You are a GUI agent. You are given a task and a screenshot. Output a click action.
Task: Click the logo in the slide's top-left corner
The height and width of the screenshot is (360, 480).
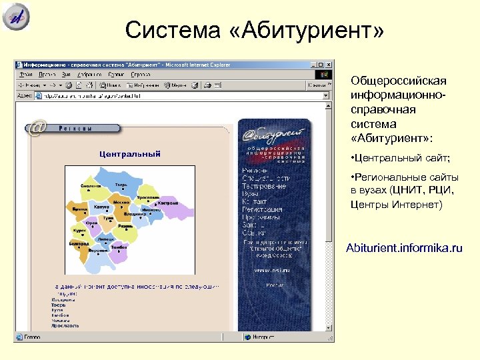[x=16, y=17]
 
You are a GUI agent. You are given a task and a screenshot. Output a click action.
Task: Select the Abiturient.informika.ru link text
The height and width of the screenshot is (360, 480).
[x=404, y=248]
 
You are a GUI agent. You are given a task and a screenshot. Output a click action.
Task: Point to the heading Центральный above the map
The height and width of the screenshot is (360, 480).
[x=130, y=154]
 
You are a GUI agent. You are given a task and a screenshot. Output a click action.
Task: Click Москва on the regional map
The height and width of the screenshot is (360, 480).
[x=121, y=201]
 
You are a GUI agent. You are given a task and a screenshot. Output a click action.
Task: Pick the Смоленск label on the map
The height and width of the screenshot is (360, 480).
[x=91, y=186]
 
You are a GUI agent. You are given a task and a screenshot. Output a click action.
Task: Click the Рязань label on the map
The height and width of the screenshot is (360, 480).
[x=127, y=227]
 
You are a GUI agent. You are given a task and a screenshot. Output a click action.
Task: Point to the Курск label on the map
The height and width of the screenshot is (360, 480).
[x=79, y=231]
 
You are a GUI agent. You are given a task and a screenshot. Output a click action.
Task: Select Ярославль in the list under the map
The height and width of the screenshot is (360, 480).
[x=65, y=326]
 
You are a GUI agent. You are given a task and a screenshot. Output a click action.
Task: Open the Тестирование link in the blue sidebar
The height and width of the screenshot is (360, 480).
[x=265, y=186]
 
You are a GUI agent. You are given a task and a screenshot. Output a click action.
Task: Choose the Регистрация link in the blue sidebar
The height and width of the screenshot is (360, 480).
[x=262, y=209]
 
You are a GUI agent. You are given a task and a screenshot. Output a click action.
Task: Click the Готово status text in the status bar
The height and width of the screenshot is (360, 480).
[x=33, y=337]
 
